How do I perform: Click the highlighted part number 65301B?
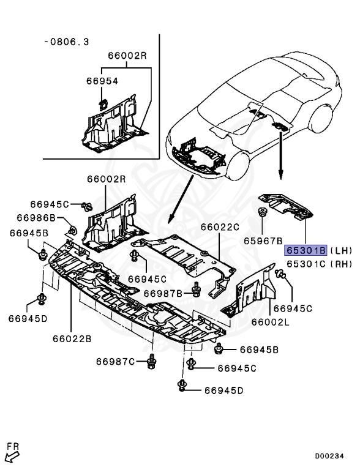(x=305, y=251)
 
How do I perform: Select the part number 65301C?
(x=305, y=264)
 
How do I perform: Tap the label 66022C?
(x=220, y=228)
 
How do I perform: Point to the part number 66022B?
(x=72, y=337)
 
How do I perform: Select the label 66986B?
(x=36, y=218)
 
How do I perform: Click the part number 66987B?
(x=163, y=294)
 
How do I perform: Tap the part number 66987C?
(x=115, y=362)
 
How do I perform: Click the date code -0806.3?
(x=66, y=42)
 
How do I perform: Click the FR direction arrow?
(x=11, y=453)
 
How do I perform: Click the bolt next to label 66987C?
(x=151, y=362)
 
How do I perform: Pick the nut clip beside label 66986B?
(x=72, y=231)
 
